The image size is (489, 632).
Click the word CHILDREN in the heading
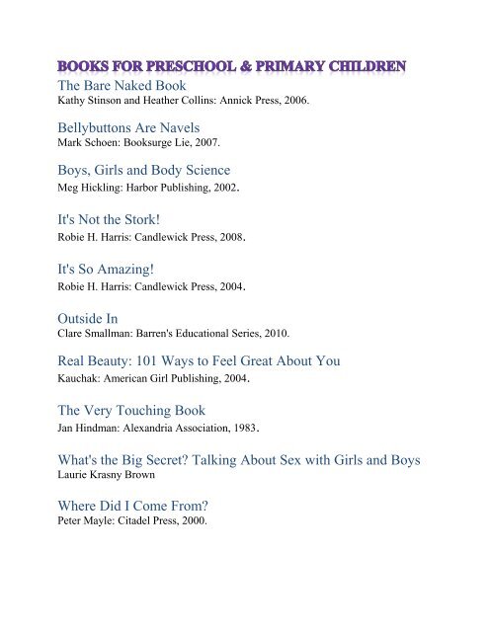(x=369, y=68)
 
